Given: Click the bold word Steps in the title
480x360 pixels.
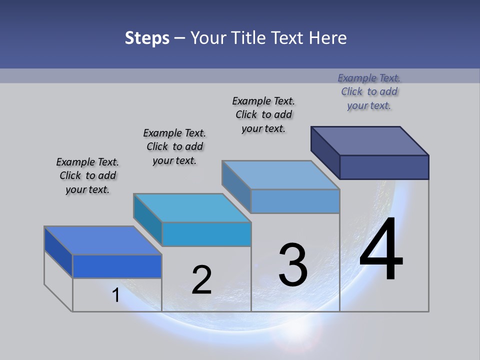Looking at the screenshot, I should point(147,38).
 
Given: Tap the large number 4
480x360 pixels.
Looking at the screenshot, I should point(381,250).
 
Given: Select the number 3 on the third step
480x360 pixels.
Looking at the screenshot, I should point(293,265).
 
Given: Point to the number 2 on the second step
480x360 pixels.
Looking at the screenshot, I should point(201,280).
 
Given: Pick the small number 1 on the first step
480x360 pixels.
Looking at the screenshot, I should point(116,295).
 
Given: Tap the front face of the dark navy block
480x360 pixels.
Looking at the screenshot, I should point(384,167).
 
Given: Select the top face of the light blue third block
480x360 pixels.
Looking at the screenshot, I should point(280,175).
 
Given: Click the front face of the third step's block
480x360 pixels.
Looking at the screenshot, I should point(295,201).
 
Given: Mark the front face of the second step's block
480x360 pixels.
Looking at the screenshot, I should point(206,234).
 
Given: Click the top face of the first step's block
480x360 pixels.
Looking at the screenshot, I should point(102,240).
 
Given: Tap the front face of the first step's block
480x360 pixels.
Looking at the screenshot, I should point(117,266).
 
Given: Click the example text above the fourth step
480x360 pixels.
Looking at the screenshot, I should point(369,91).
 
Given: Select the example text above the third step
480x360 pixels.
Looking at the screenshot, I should point(263,114).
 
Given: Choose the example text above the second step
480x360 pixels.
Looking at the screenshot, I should point(174,146).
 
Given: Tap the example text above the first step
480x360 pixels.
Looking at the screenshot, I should point(87,175).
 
